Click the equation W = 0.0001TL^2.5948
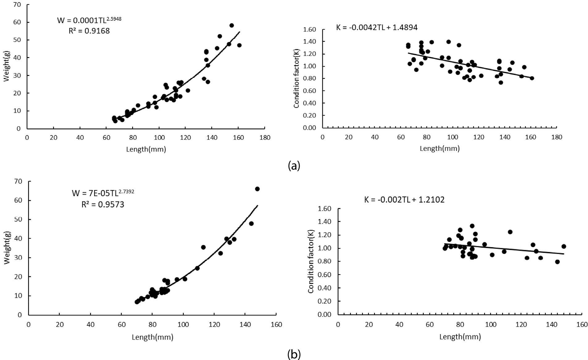click(x=89, y=20)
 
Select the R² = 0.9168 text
click(x=89, y=31)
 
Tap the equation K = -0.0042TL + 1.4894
click(x=377, y=27)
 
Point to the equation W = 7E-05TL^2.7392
click(x=103, y=193)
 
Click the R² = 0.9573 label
click(x=103, y=204)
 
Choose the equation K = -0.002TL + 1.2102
click(x=404, y=200)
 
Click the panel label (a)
click(x=294, y=166)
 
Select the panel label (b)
click(x=294, y=354)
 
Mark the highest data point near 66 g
click(x=257, y=189)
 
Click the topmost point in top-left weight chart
click(x=231, y=25)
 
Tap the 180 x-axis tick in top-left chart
click(x=264, y=137)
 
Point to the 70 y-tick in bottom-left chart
click(x=19, y=181)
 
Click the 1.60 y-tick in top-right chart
click(x=310, y=30)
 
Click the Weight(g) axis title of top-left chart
click(x=6, y=67)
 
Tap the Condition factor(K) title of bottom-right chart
click(x=311, y=261)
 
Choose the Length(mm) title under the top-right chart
click(x=440, y=148)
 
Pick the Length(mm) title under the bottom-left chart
click(x=152, y=337)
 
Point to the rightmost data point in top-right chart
click(x=532, y=78)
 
